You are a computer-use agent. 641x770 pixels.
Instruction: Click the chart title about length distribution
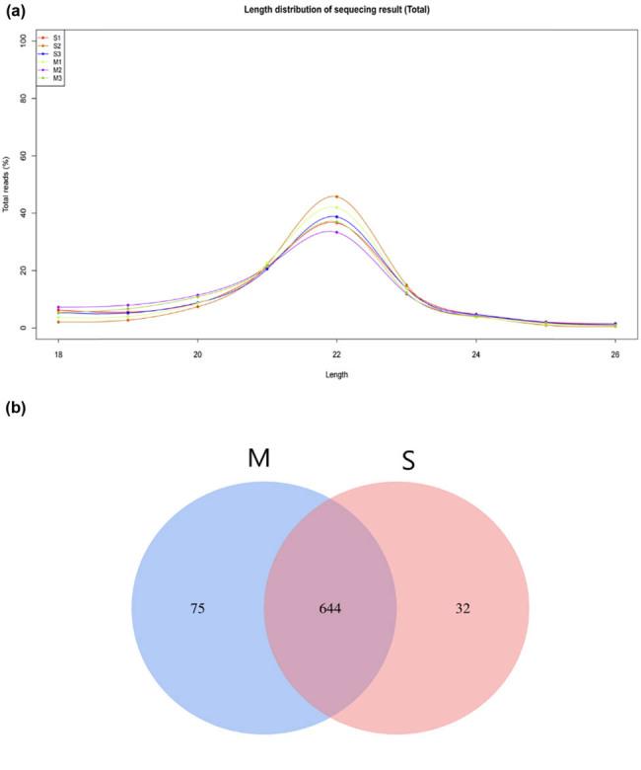coord(335,9)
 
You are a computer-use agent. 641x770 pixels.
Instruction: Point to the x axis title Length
coord(336,374)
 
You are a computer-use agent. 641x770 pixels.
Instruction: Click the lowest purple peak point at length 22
coord(336,232)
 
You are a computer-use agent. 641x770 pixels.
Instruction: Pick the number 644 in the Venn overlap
coord(329,609)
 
